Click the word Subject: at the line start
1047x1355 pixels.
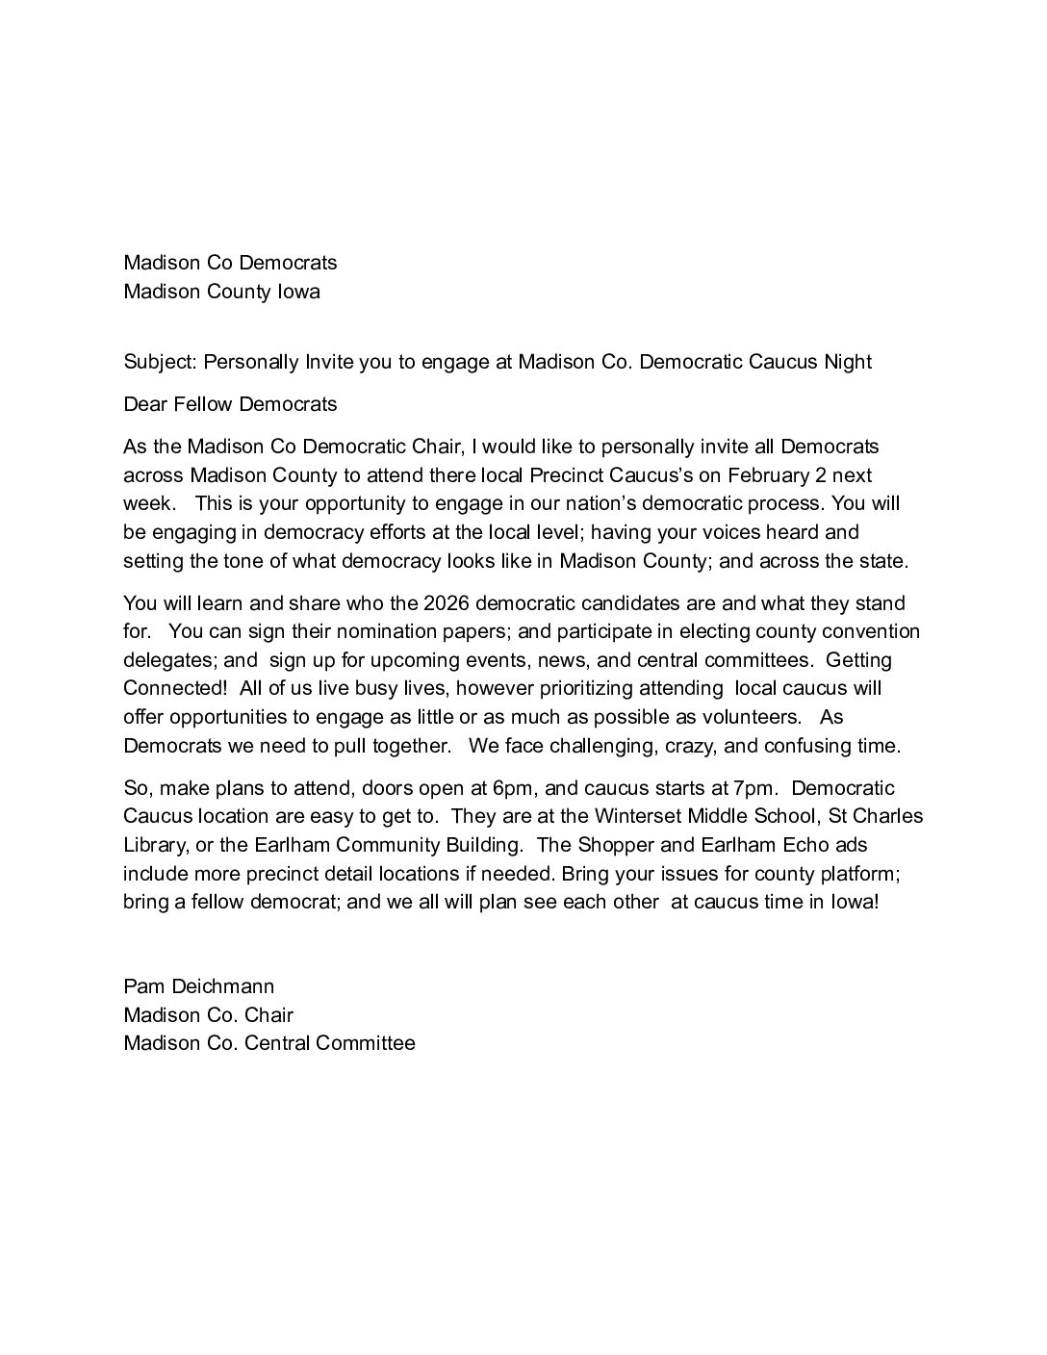(160, 362)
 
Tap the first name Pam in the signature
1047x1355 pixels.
(142, 986)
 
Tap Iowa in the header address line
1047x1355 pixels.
(298, 292)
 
